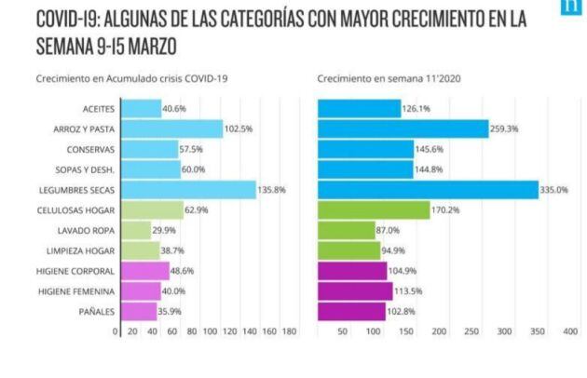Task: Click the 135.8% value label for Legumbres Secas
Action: click(270, 190)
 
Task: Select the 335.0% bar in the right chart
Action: click(428, 190)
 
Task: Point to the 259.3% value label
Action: click(505, 129)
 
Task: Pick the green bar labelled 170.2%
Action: click(374, 210)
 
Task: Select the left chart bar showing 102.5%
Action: click(170, 129)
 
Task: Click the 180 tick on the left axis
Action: click(289, 331)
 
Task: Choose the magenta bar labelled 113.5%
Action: click(355, 290)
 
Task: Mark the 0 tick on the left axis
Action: click(116, 331)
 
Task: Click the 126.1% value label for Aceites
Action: click(416, 109)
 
